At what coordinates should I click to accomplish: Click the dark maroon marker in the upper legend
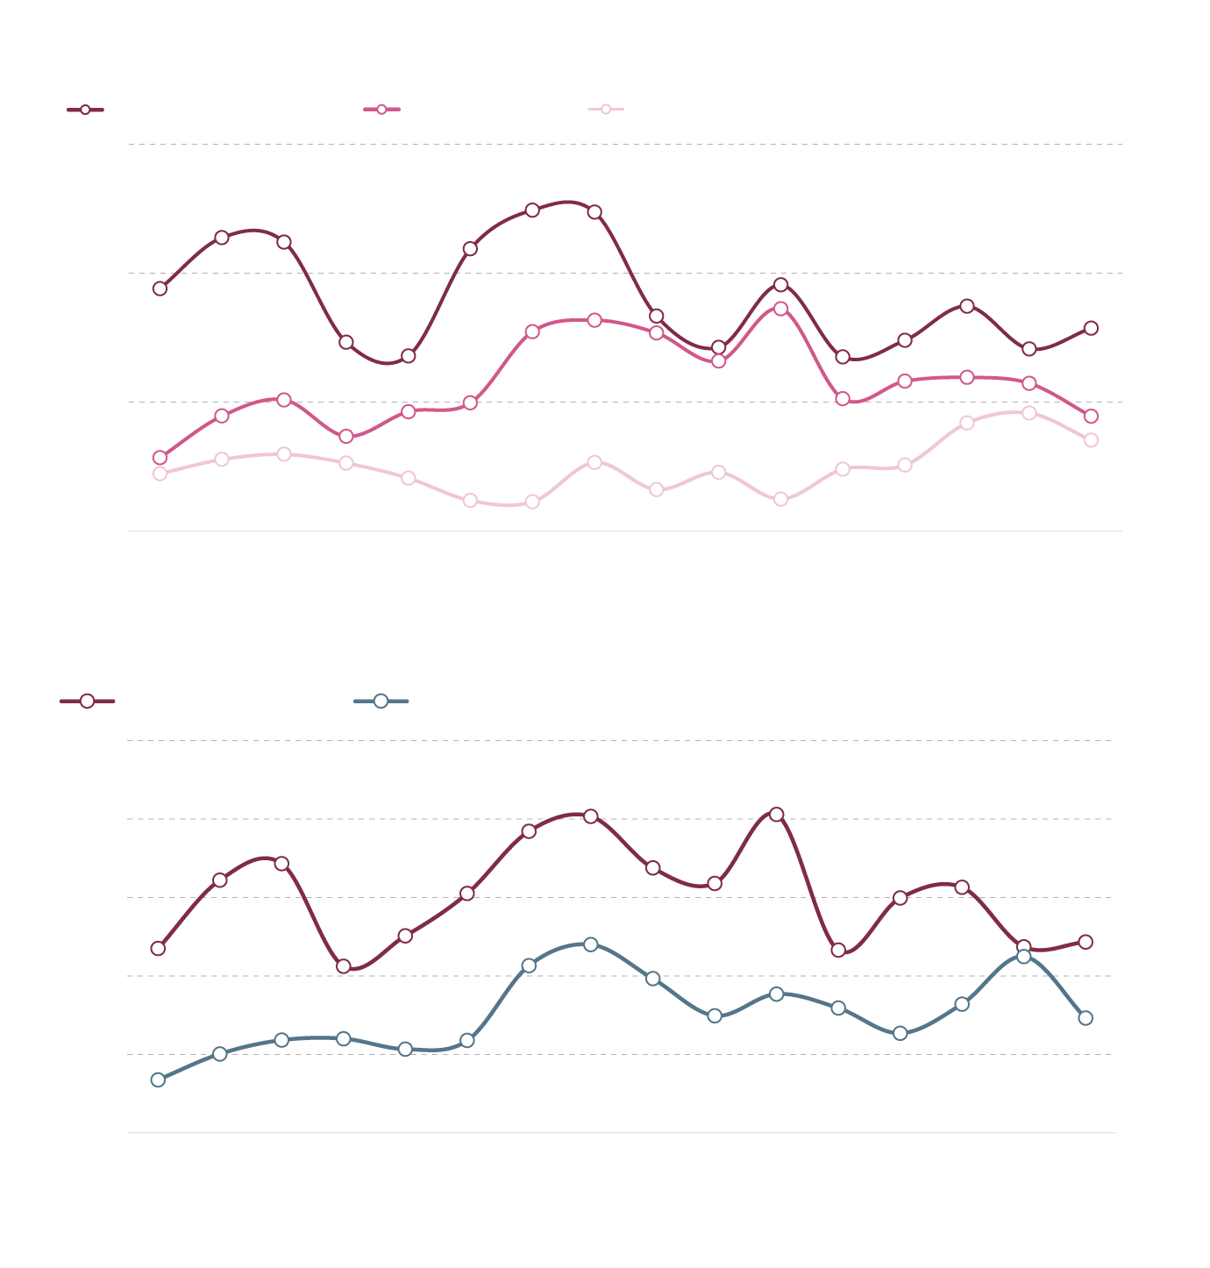point(85,110)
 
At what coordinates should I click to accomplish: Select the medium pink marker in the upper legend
point(381,110)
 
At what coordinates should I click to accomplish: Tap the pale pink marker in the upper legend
point(605,109)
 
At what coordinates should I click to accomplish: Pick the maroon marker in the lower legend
point(87,701)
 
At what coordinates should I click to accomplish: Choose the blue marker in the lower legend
point(381,701)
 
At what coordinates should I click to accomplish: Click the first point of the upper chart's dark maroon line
point(160,288)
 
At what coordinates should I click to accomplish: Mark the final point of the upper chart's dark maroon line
point(1091,328)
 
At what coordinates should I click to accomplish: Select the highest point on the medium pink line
point(780,309)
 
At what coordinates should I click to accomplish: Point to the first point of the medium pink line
point(160,458)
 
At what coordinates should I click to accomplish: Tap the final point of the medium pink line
point(1091,417)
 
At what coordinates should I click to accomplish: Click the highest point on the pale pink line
point(1029,413)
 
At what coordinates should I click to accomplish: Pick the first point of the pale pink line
point(160,474)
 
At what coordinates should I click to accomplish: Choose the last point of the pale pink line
point(1091,440)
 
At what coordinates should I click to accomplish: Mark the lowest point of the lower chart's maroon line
point(344,966)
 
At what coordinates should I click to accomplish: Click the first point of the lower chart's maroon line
point(158,948)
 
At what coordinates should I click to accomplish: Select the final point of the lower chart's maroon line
point(1085,942)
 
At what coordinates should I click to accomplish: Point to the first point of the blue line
point(158,1079)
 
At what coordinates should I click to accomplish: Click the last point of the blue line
point(1085,1018)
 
